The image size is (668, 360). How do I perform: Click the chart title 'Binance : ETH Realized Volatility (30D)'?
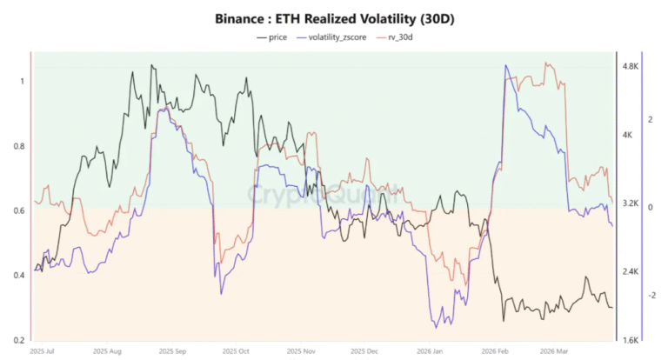click(x=334, y=17)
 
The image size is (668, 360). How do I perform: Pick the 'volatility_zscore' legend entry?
click(x=337, y=37)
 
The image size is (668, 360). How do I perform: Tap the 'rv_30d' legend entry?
click(x=403, y=37)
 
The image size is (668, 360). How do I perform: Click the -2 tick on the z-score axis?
click(x=650, y=296)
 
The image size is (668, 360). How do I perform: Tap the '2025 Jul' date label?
click(x=43, y=350)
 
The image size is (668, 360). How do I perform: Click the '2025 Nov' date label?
click(x=302, y=350)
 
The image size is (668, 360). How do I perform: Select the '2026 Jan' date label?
click(x=427, y=350)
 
